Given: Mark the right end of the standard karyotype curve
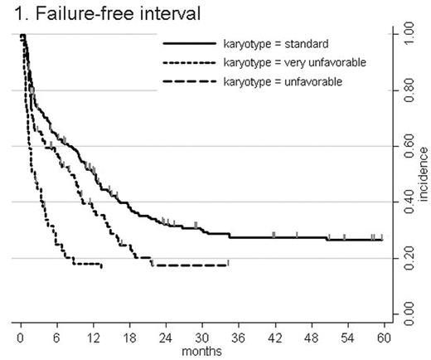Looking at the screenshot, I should tap(381, 240).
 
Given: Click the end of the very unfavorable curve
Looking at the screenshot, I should tap(101, 266).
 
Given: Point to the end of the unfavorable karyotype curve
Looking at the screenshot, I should tap(228, 265).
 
